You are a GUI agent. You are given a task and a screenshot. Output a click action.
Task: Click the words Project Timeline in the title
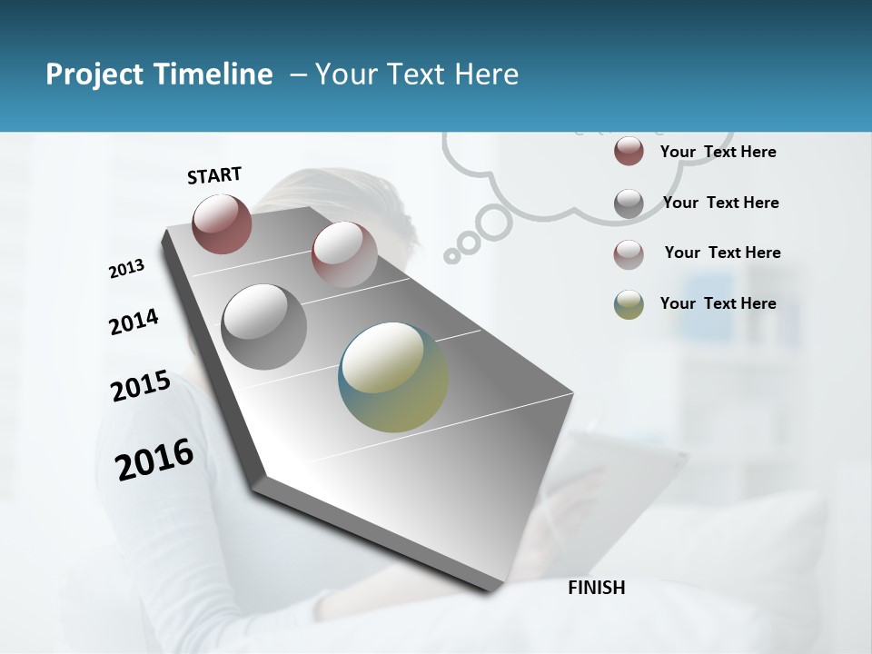pyautogui.click(x=159, y=74)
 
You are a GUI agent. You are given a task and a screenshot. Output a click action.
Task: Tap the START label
pyautogui.click(x=214, y=175)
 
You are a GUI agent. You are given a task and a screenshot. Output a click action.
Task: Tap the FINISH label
pyautogui.click(x=597, y=588)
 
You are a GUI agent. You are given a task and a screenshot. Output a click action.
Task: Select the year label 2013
pyautogui.click(x=126, y=269)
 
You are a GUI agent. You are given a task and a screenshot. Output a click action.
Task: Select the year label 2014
pyautogui.click(x=134, y=322)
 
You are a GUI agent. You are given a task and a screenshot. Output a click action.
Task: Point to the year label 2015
pyautogui.click(x=141, y=386)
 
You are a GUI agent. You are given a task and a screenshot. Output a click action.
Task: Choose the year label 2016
pyautogui.click(x=154, y=460)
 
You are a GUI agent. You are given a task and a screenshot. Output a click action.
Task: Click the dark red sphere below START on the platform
pyautogui.click(x=222, y=223)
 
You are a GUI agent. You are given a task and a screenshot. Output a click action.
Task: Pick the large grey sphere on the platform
pyautogui.click(x=263, y=326)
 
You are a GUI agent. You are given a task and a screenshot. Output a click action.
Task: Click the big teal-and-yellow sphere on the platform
pyautogui.click(x=393, y=377)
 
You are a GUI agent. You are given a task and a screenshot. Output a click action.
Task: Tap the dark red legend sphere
pyautogui.click(x=629, y=151)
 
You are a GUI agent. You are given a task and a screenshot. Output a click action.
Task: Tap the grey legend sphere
pyautogui.click(x=629, y=203)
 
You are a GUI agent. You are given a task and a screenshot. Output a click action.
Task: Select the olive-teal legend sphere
pyautogui.click(x=629, y=304)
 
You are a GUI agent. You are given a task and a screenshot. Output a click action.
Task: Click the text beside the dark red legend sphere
pyautogui.click(x=718, y=152)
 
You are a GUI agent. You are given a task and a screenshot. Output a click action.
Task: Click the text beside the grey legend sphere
pyautogui.click(x=720, y=203)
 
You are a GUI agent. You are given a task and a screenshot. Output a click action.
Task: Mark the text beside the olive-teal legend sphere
pyautogui.click(x=718, y=303)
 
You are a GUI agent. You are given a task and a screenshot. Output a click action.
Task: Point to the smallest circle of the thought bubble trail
pyautogui.click(x=451, y=256)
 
